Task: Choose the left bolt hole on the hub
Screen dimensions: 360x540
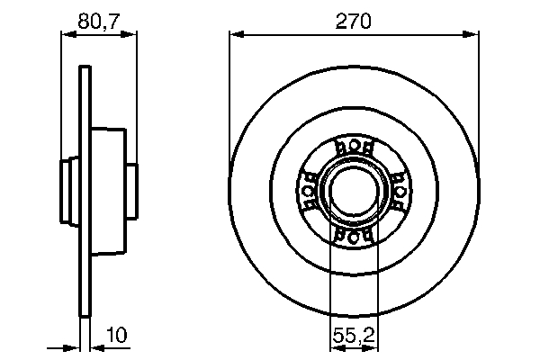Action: pyautogui.click(x=309, y=190)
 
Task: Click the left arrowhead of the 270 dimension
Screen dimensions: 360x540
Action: pyautogui.click(x=237, y=35)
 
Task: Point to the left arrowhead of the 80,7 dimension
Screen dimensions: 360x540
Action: pyautogui.click(x=66, y=35)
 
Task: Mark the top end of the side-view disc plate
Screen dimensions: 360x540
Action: pyautogui.click(x=85, y=69)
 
